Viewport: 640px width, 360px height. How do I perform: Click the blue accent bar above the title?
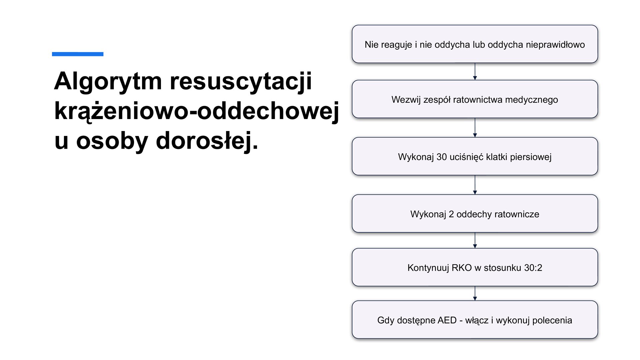[x=77, y=54]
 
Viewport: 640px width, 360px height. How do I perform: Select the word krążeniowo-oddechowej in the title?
[x=197, y=111]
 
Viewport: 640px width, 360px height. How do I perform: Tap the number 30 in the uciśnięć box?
[x=441, y=157]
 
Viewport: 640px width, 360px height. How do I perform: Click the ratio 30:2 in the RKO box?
[x=533, y=268]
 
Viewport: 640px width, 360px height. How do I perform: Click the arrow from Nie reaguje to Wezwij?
[x=475, y=71]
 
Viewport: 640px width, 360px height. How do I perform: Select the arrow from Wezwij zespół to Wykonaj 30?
[x=475, y=128]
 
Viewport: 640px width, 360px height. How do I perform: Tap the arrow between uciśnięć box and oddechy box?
[x=475, y=185]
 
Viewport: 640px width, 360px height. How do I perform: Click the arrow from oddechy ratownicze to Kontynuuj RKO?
[x=475, y=240]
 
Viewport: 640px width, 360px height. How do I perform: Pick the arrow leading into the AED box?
[x=475, y=293]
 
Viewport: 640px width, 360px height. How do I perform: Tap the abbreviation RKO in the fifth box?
[x=461, y=268]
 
